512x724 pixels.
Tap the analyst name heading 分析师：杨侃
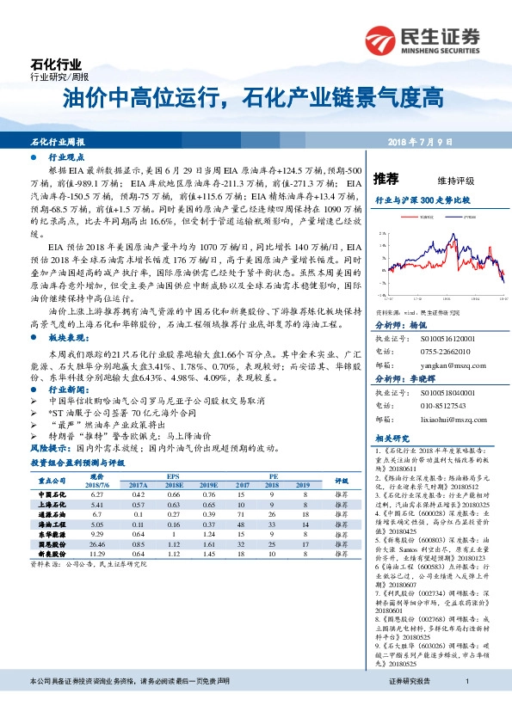point(400,326)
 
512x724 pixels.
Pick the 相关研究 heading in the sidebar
point(390,439)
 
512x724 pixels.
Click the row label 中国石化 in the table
point(53,495)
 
